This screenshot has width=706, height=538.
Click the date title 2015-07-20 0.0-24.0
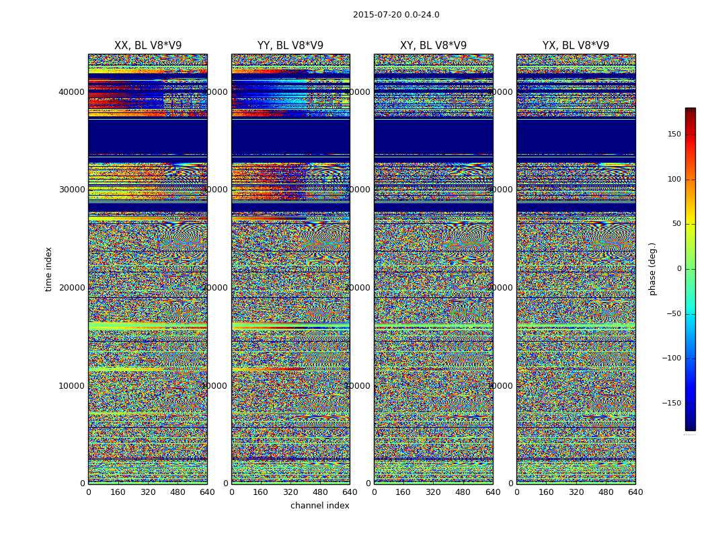tap(396, 15)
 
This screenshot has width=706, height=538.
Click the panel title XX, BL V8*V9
tap(148, 46)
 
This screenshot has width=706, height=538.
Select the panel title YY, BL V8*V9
tap(290, 46)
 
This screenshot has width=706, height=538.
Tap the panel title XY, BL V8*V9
tap(433, 46)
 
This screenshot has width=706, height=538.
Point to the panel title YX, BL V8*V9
tap(576, 46)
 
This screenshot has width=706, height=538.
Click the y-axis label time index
tap(48, 269)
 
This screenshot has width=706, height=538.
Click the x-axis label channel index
tap(320, 506)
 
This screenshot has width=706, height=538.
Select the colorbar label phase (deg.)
tap(652, 269)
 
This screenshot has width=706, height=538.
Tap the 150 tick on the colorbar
tap(673, 134)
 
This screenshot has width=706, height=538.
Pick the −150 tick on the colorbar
tap(673, 403)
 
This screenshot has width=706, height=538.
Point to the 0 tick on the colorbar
tap(678, 269)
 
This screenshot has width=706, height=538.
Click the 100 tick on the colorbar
tap(673, 180)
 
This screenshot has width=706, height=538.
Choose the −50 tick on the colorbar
tap(673, 314)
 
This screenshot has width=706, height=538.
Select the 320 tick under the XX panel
tap(148, 492)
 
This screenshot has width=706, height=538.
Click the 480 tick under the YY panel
tap(320, 492)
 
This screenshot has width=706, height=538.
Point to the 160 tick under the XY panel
tap(403, 492)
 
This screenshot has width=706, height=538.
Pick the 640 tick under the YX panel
tap(635, 492)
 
